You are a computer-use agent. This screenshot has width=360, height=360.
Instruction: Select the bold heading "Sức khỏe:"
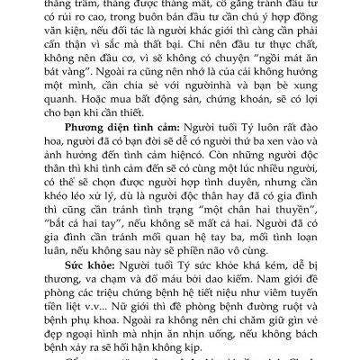pos(84,267)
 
